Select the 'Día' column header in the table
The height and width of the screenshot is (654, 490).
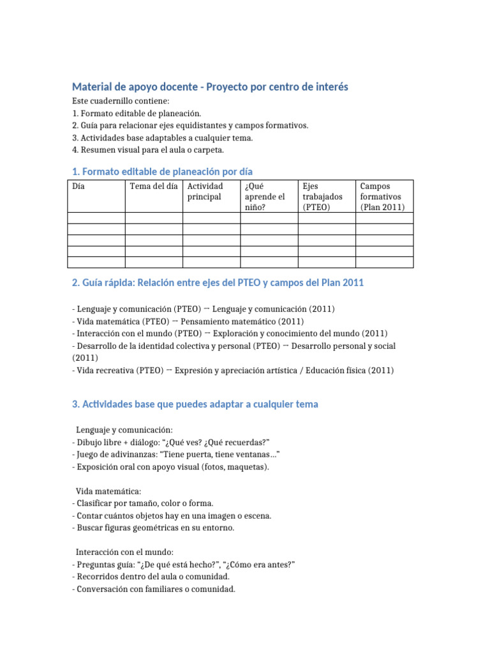coord(79,186)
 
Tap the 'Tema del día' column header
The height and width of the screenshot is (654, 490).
coord(153,186)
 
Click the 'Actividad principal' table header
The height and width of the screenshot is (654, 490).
coord(205,191)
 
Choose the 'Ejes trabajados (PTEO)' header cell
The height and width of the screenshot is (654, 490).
coord(322,196)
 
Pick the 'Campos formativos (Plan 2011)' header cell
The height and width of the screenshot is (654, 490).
coord(381,196)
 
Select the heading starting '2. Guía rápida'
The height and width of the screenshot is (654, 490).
coord(218,283)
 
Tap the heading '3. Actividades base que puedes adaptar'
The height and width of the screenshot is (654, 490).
coord(195,404)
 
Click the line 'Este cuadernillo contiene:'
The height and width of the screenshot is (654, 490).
coord(121,102)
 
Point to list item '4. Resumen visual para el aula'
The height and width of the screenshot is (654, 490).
coord(148,150)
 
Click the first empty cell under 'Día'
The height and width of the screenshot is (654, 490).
coord(96,218)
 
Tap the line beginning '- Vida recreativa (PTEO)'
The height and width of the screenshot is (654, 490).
coord(233,370)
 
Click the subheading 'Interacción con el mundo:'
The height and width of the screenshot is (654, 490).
coord(124,552)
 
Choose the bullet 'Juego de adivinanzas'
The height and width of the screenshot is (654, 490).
coord(177,454)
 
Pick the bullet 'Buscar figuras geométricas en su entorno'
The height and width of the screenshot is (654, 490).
coord(153,528)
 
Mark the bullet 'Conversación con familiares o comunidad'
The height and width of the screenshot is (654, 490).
coord(154,589)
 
